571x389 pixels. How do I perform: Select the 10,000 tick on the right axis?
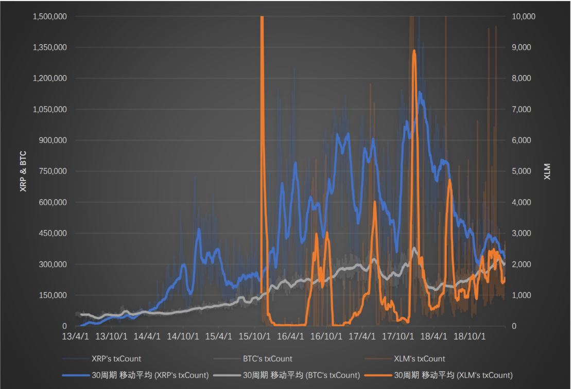click(525, 16)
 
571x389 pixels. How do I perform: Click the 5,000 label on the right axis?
click(523, 171)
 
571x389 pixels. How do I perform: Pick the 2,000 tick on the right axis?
click(523, 264)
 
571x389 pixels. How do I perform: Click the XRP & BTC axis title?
click(23, 171)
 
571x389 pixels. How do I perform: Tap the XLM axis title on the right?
click(547, 171)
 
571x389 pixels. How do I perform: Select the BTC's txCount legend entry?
click(267, 359)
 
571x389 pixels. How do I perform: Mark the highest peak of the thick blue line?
click(420, 93)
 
